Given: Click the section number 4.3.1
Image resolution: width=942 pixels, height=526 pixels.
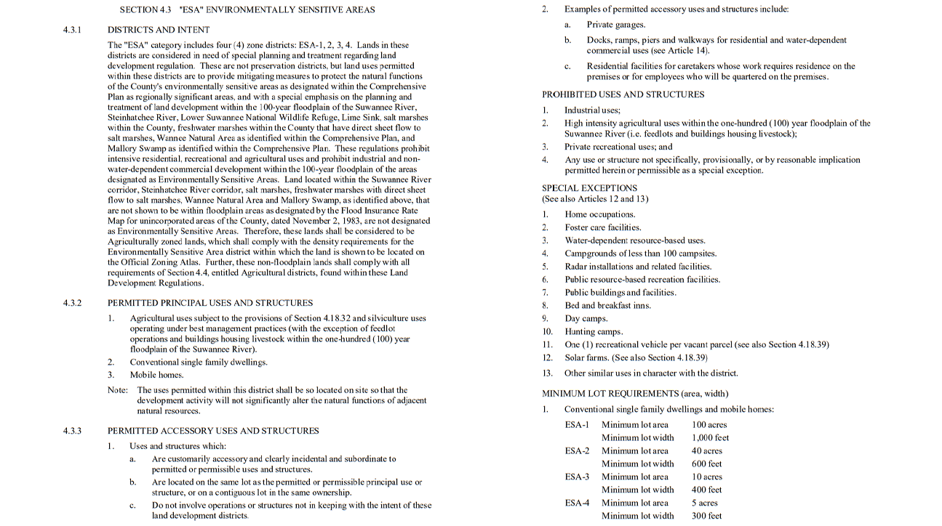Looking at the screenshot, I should [72, 30].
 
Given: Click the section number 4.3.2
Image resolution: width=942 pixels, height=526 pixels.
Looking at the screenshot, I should [72, 303].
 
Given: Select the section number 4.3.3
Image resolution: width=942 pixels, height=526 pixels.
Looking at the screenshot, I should [72, 431].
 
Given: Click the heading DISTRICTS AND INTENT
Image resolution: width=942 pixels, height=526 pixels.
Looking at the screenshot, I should [159, 30].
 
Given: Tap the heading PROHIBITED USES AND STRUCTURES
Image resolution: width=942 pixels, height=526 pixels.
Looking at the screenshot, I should [623, 94].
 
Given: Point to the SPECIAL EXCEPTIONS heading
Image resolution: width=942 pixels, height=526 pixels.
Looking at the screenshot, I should [589, 188].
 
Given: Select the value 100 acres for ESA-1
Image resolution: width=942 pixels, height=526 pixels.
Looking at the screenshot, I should [709, 425].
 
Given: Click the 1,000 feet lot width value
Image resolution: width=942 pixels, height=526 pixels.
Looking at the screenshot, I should [711, 438].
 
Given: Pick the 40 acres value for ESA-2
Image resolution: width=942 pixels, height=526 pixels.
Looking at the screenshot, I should [707, 451].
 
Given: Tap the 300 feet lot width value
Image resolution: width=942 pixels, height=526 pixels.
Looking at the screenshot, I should [706, 517].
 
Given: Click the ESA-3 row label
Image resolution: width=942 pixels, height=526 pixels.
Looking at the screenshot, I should [577, 477].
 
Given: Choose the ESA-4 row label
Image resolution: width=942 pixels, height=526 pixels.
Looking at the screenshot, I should [577, 503].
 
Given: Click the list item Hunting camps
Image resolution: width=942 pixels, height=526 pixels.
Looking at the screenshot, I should [594, 332].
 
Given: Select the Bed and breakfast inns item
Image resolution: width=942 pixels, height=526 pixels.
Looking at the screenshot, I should [607, 306].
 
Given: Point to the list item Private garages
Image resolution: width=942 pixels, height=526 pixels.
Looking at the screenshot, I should [616, 25].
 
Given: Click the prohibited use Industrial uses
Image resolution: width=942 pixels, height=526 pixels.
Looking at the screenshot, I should [592, 110].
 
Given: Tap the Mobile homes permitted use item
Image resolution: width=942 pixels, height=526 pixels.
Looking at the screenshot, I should [156, 376].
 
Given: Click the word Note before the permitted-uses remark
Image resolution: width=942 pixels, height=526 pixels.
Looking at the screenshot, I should [117, 390].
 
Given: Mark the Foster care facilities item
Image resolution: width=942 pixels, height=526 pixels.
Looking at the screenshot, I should [602, 227].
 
